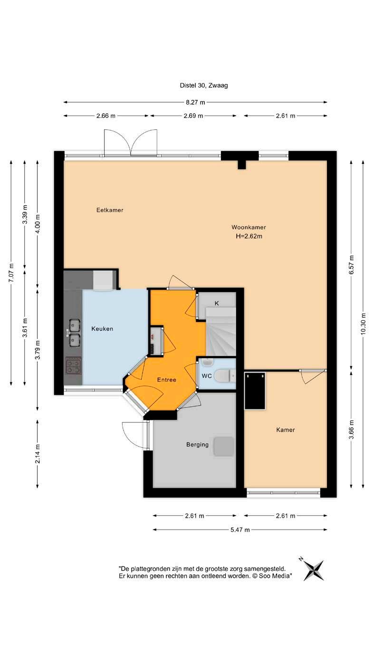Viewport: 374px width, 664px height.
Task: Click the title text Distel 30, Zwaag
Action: tap(204, 85)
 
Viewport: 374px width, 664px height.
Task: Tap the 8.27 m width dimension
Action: tap(195, 103)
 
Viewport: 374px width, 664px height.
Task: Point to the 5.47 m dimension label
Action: tap(240, 530)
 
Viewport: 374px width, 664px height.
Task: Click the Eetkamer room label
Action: tap(110, 210)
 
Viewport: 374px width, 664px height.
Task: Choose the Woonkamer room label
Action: tap(249, 228)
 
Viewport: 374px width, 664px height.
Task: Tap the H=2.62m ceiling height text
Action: tap(249, 237)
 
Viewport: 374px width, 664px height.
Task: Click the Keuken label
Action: tap(102, 329)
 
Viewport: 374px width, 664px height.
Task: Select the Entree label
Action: tap(167, 379)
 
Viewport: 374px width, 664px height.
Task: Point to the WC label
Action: tap(207, 376)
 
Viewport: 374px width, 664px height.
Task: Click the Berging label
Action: tap(197, 445)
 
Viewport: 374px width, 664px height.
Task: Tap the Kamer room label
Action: tap(285, 430)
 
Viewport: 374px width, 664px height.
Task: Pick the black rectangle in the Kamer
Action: tap(255, 391)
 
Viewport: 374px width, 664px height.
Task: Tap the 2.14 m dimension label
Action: tap(38, 454)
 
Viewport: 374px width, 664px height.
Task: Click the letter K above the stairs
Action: tap(217, 303)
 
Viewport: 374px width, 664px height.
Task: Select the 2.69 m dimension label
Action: tap(193, 116)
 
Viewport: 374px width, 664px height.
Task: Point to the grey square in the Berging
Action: tap(223, 446)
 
